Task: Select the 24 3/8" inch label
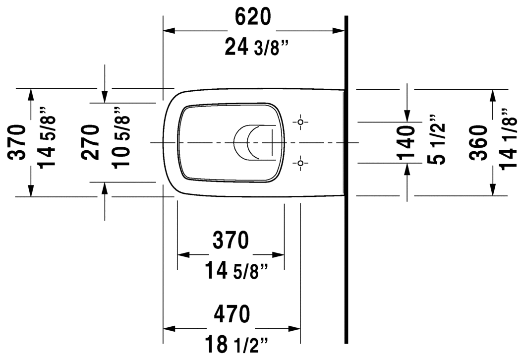[x=256, y=48]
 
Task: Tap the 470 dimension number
[x=231, y=314]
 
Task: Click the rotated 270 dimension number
[x=92, y=142]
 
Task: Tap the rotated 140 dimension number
[x=407, y=142]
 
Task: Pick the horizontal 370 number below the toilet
[x=231, y=240]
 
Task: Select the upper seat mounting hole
[x=300, y=121]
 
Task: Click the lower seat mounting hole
[x=300, y=163]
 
